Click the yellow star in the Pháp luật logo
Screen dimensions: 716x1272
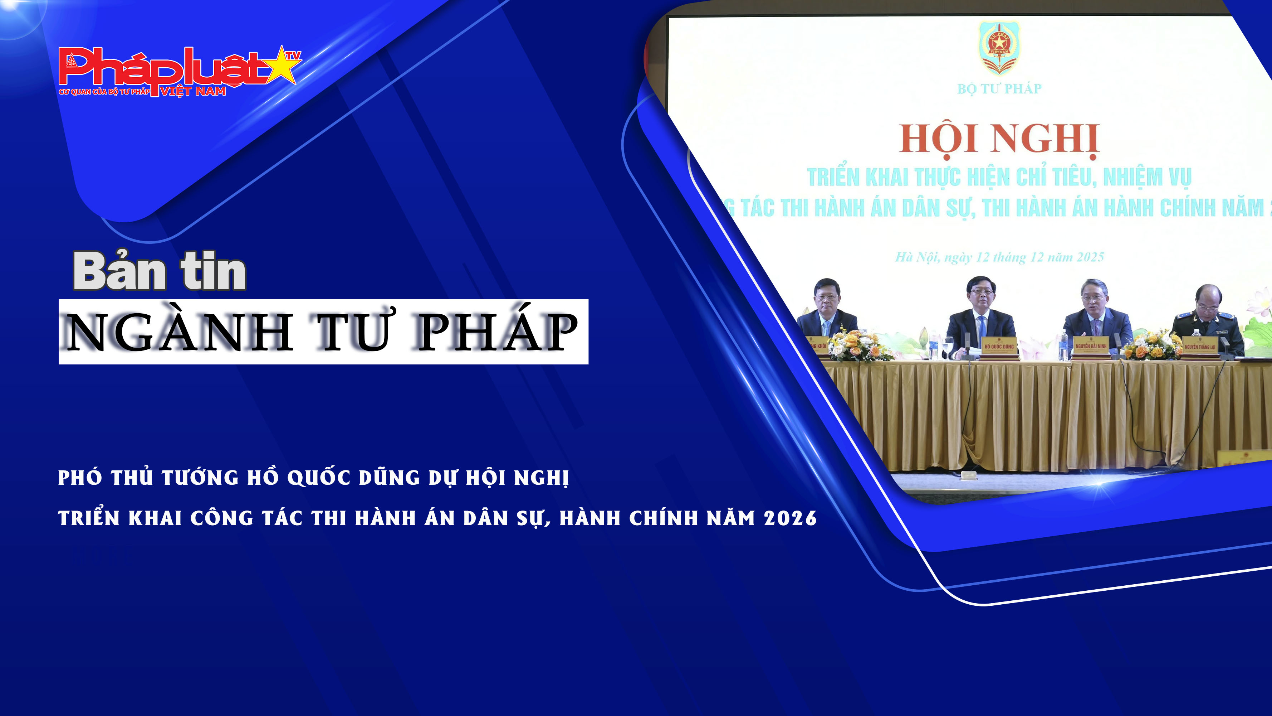coord(282,67)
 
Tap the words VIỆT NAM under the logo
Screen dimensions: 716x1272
coord(193,91)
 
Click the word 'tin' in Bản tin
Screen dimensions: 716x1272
coord(213,271)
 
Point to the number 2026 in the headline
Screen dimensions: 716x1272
coord(790,518)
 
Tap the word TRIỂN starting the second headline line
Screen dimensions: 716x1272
coord(89,518)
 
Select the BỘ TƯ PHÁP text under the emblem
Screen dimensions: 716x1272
coord(999,89)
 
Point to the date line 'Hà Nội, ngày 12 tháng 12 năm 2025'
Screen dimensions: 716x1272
coord(999,257)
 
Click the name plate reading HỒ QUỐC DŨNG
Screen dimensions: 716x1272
coord(998,347)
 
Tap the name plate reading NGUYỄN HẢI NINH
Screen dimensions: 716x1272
coord(1091,347)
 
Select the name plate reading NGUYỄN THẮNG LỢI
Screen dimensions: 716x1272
coord(1200,347)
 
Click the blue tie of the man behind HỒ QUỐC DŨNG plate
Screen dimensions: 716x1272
coord(982,329)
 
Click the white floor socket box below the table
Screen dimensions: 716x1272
coord(968,475)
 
